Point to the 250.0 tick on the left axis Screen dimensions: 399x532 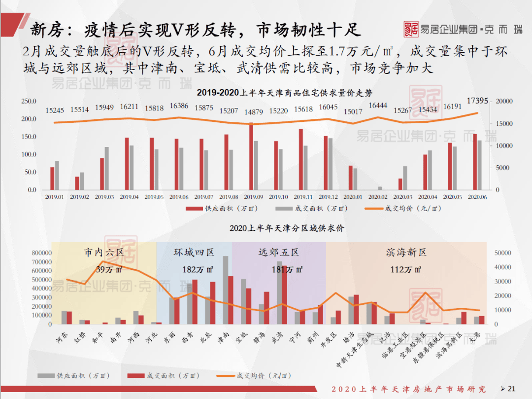[x=29, y=101]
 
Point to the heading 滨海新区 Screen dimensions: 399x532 [x=406, y=253]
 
